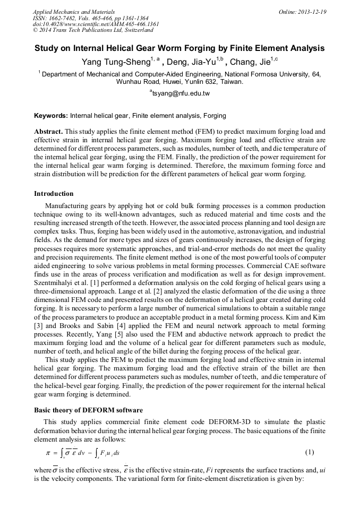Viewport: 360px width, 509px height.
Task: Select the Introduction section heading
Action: point(54,193)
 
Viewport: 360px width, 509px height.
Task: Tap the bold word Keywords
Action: point(50,115)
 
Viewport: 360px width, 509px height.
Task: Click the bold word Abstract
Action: point(48,131)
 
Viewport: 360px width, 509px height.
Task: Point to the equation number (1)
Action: point(310,452)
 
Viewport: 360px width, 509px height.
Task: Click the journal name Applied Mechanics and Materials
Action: point(73,11)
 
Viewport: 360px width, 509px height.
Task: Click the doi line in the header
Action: point(96,24)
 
